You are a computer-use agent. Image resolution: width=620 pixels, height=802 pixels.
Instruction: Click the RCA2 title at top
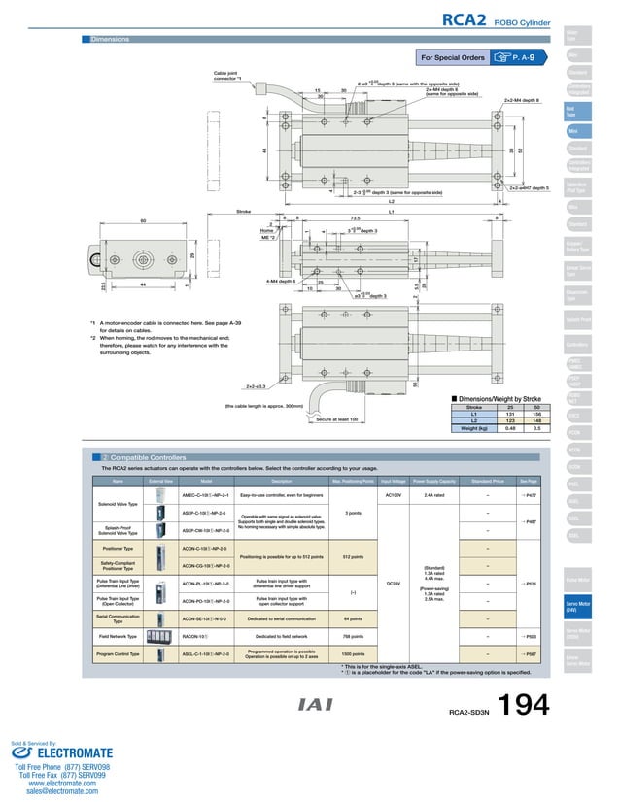pyautogui.click(x=465, y=19)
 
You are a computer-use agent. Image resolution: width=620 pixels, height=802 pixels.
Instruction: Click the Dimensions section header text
pyautogui.click(x=110, y=40)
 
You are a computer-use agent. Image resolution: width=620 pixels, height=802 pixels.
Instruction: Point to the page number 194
pyautogui.click(x=525, y=708)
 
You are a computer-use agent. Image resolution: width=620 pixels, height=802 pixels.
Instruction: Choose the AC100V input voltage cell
pyautogui.click(x=395, y=495)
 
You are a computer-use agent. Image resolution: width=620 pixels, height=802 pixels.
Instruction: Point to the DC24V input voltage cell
pyautogui.click(x=395, y=583)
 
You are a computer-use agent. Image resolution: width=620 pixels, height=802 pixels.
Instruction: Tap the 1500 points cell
pyautogui.click(x=353, y=655)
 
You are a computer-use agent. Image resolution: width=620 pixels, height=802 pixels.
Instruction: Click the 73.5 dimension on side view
pyautogui.click(x=356, y=218)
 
